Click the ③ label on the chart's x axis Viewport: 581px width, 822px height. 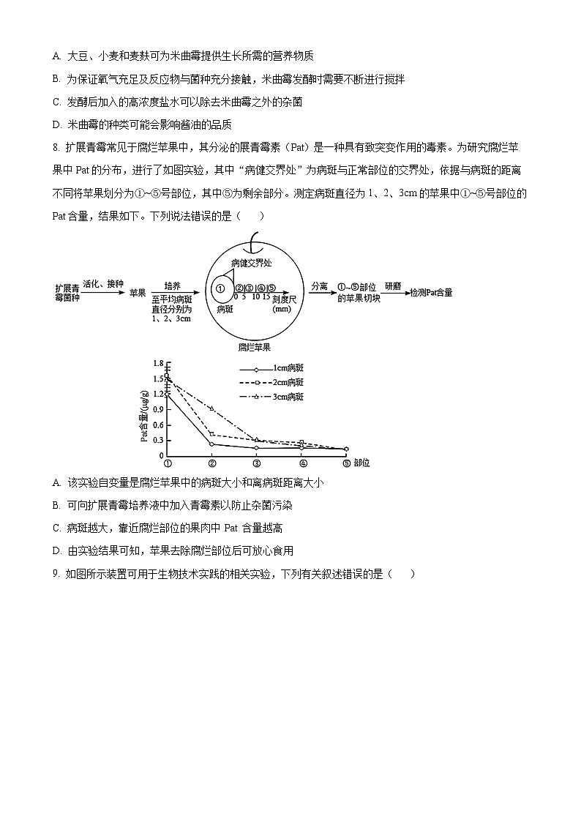[257, 463]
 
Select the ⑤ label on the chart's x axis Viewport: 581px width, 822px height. [346, 463]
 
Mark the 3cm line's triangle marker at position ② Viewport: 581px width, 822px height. [212, 408]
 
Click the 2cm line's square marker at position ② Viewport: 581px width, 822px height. [212, 434]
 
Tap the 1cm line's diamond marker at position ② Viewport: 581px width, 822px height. [212, 444]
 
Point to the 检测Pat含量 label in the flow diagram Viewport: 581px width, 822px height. [431, 292]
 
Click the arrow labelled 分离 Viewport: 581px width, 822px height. [320, 292]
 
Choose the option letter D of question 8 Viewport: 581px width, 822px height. [56, 550]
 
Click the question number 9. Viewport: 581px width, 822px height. [56, 574]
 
